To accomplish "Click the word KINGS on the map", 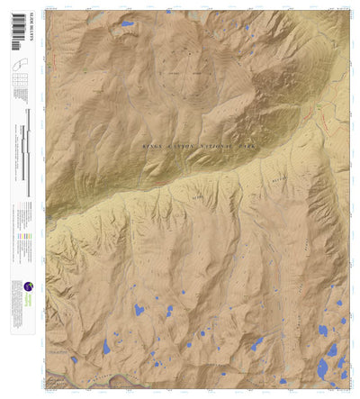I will (154, 144).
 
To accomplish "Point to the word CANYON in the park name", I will (185, 144).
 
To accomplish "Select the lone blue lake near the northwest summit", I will (127, 24).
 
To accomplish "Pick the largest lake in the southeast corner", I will (323, 367).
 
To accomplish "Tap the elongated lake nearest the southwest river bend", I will (107, 346).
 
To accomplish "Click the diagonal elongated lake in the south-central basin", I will (256, 343).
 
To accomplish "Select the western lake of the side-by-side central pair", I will (139, 311).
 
